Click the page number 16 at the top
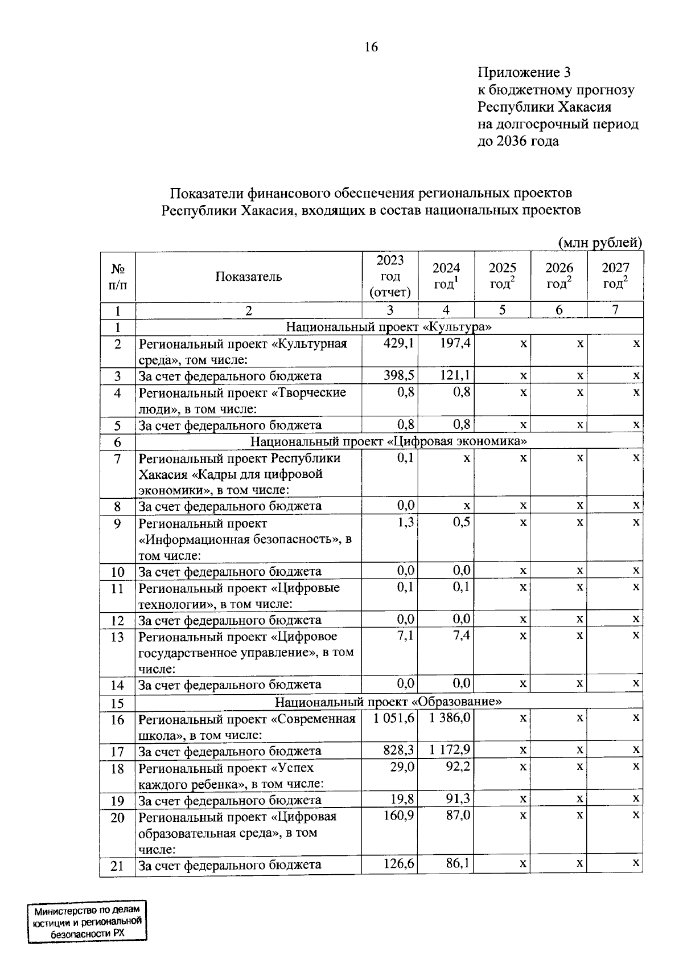371,47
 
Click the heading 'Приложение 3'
524,72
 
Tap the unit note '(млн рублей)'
600,243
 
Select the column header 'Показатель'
249,277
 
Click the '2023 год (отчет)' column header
390,276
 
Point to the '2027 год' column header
615,276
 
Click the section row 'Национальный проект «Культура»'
389,327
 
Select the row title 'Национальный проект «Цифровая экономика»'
389,441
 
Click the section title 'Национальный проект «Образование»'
389,702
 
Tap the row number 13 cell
117,637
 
